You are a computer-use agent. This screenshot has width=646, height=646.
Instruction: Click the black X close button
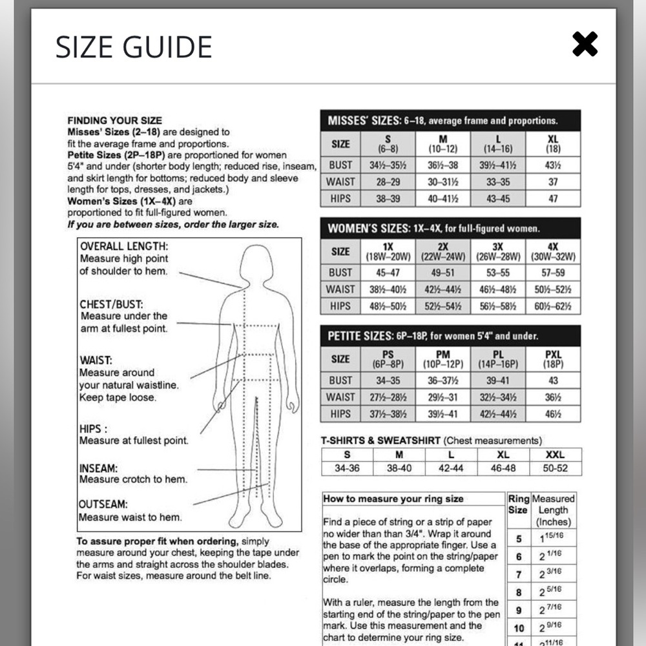tap(585, 45)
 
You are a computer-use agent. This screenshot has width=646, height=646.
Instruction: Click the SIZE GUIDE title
tap(134, 47)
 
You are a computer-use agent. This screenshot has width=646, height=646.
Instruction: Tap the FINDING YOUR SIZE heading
tap(114, 120)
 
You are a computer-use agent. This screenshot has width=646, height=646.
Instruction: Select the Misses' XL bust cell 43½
tap(553, 165)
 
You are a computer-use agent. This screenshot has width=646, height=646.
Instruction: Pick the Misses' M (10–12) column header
tap(443, 143)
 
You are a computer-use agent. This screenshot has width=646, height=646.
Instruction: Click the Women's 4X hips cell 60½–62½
tap(553, 306)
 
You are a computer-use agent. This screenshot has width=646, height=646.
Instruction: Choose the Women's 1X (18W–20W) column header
tap(388, 251)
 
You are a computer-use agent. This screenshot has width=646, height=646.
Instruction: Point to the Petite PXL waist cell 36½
tap(553, 397)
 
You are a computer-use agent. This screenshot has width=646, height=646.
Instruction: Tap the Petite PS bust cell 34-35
tap(388, 380)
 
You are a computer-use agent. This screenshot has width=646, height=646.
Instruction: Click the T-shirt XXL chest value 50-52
tap(555, 468)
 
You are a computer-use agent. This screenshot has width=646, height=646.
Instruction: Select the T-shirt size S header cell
tap(347, 455)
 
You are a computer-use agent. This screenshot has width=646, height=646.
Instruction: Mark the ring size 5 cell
tap(518, 539)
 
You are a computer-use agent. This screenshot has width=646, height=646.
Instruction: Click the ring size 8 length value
tap(551, 591)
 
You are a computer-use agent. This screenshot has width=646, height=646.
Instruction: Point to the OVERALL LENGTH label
tap(123, 247)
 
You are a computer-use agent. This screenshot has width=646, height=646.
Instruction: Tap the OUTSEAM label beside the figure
tap(103, 505)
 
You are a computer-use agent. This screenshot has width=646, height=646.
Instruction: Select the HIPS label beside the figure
tap(93, 429)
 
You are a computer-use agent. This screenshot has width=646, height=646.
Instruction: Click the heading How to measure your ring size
tap(393, 499)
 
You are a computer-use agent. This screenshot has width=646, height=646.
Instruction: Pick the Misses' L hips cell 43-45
tap(498, 199)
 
